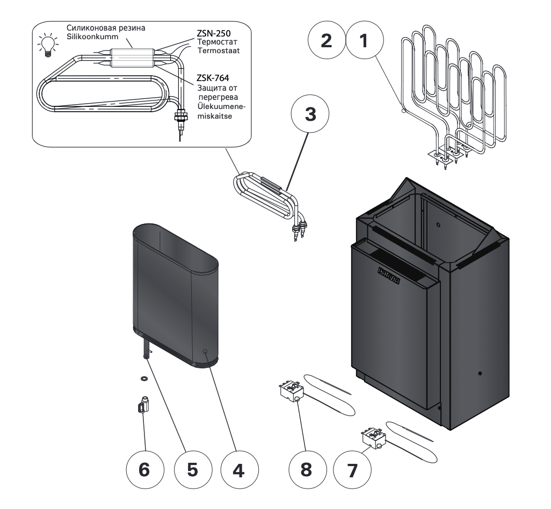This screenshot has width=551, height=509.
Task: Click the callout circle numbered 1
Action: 365,42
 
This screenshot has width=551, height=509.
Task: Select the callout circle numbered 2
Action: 326,42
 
